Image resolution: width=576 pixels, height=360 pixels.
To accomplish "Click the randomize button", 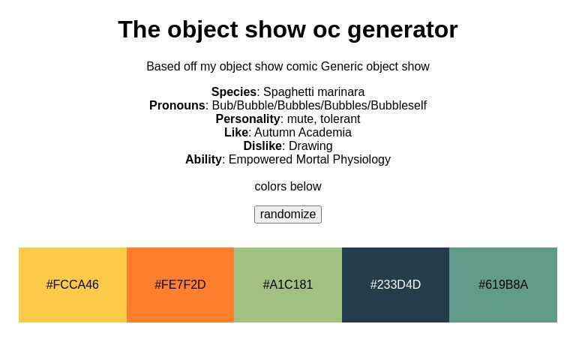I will [x=288, y=214].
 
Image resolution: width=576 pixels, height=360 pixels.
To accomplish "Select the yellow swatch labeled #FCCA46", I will [x=73, y=285].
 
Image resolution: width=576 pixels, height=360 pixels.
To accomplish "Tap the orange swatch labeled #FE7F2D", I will [x=180, y=285].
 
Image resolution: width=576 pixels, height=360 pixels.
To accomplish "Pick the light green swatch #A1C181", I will [x=288, y=285].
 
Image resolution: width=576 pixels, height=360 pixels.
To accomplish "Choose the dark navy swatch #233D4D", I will [x=395, y=285].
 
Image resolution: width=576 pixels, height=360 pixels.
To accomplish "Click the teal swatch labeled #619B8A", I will [x=503, y=285].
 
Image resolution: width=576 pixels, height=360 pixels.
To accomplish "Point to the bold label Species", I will [x=234, y=92].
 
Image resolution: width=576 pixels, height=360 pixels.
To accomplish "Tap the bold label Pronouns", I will [x=177, y=106].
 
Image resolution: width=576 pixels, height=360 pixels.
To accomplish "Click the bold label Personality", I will [x=247, y=119].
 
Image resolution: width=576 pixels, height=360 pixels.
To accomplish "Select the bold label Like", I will [x=236, y=133].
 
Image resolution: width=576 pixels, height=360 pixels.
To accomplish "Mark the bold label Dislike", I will [x=262, y=146].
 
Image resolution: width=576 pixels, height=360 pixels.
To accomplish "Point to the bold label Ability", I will [x=203, y=160].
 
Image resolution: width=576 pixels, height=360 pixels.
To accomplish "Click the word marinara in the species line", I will [x=341, y=92].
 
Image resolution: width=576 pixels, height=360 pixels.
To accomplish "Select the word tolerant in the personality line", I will [x=337, y=119].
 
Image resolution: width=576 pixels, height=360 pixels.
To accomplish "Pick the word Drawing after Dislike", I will [x=310, y=146].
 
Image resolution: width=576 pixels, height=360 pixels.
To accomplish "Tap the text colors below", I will [x=288, y=187].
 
